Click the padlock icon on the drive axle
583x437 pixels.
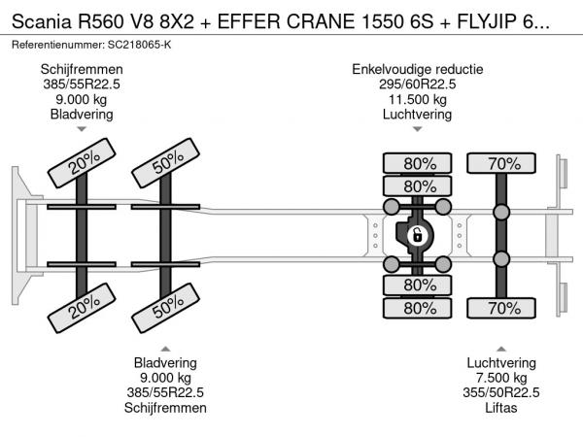click(x=417, y=235)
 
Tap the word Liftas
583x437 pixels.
click(x=502, y=408)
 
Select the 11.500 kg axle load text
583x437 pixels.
click(x=418, y=100)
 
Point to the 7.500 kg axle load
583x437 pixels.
click(x=502, y=377)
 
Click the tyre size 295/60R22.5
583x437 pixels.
click(x=418, y=84)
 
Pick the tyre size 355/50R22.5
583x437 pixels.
click(x=502, y=392)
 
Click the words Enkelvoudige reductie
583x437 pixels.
click(x=418, y=69)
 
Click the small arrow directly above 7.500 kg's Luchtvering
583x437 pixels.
click(x=502, y=347)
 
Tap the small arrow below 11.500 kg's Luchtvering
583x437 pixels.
click(x=418, y=129)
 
